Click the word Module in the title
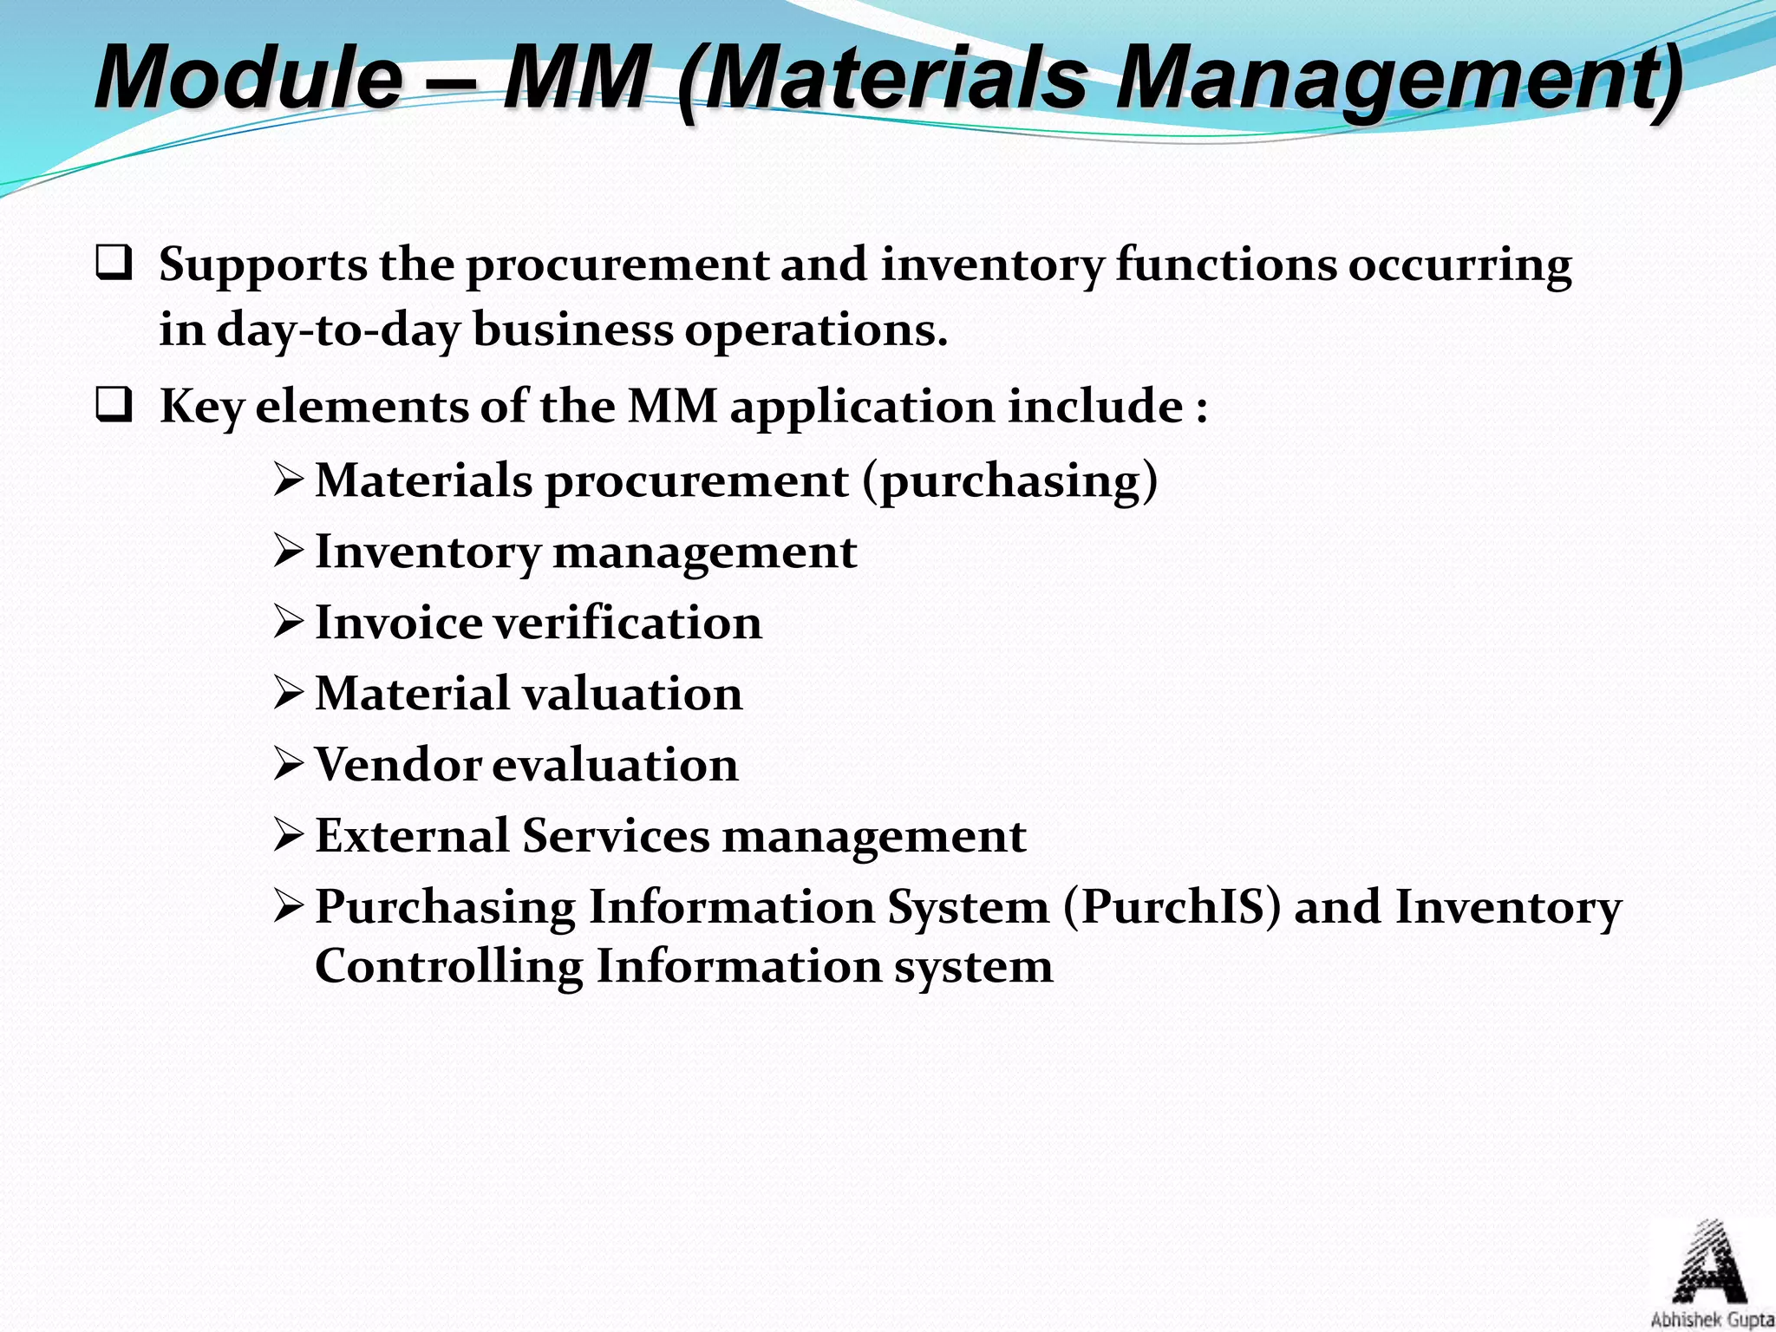pyautogui.click(x=248, y=78)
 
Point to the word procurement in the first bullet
pyautogui.click(x=617, y=265)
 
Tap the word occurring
pyautogui.click(x=1459, y=265)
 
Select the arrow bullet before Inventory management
pyautogui.click(x=288, y=551)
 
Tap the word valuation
pyautogui.click(x=633, y=694)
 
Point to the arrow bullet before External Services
pyautogui.click(x=288, y=835)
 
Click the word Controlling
pyautogui.click(x=448, y=966)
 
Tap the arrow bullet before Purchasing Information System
pyautogui.click(x=288, y=906)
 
